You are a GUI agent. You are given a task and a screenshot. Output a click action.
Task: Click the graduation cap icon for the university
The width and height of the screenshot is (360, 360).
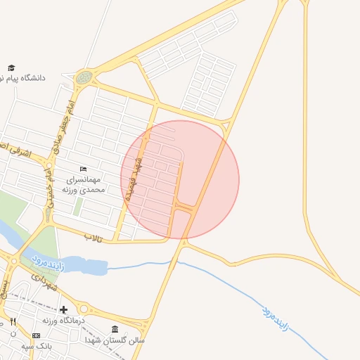tap(12, 67)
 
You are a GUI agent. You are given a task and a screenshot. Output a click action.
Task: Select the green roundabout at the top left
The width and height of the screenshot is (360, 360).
tap(84, 77)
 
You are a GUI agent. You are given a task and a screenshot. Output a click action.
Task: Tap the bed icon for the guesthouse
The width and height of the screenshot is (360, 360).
tap(84, 169)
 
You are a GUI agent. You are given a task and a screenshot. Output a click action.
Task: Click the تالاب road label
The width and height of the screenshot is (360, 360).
tap(94, 238)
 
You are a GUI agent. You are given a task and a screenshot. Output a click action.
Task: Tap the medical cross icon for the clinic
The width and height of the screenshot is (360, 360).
tap(63, 309)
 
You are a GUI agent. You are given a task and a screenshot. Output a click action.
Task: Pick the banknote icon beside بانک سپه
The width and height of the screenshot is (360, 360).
tap(36, 336)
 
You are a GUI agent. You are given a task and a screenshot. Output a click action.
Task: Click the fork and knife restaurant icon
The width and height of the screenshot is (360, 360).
tap(12, 321)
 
